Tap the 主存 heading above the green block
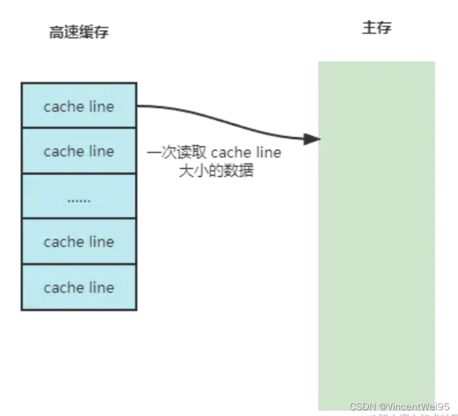[x=377, y=28]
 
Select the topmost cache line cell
[x=79, y=106]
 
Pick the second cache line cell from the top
[x=79, y=151]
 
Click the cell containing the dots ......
[x=79, y=197]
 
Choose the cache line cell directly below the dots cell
[x=79, y=242]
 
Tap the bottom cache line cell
[x=79, y=287]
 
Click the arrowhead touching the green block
[x=312, y=139]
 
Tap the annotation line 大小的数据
[x=216, y=171]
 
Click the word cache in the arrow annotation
[x=231, y=153]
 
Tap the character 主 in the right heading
[x=369, y=28]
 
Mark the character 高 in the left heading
[x=56, y=33]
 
